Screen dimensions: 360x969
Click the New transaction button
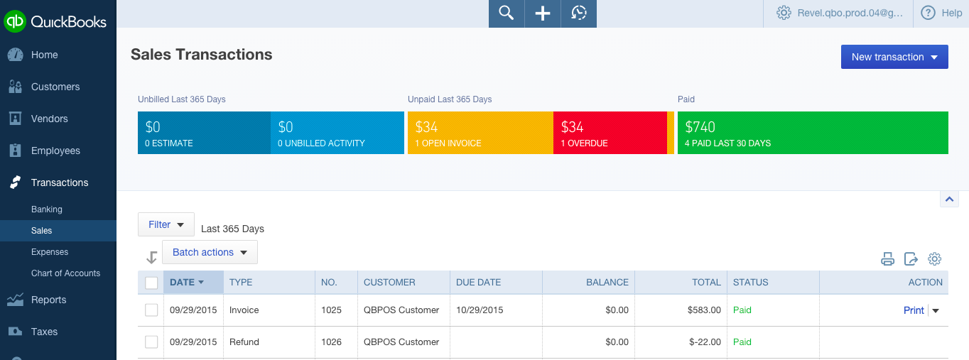tap(894, 57)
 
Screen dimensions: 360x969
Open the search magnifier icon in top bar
tap(506, 13)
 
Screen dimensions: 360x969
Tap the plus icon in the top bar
tap(543, 13)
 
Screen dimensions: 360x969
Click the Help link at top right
tap(942, 13)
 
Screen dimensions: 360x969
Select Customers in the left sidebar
tap(55, 87)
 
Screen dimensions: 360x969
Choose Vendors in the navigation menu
tap(49, 119)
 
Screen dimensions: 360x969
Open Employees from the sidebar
tap(55, 151)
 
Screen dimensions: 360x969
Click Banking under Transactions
tap(47, 209)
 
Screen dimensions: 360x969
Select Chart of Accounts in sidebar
tap(65, 273)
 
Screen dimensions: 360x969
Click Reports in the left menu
tap(48, 300)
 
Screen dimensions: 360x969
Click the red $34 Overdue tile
tap(609, 133)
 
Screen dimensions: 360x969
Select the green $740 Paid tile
tap(812, 133)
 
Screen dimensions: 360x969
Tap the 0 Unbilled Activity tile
tap(337, 133)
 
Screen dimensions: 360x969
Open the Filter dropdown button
tap(166, 224)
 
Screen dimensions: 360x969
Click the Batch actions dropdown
tap(210, 252)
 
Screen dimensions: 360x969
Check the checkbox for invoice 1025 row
tap(151, 310)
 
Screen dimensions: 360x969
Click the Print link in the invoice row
tap(914, 310)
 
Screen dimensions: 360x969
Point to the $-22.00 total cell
tap(704, 342)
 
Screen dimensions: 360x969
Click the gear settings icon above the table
tap(935, 259)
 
